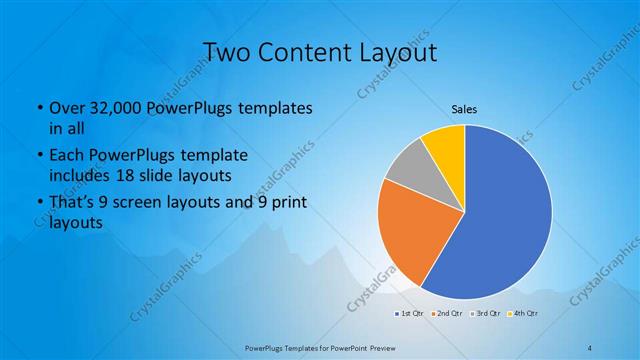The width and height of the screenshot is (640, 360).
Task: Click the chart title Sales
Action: tap(464, 108)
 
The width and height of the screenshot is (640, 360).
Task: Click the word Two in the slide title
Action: tap(228, 51)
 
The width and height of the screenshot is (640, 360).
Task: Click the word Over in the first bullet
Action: tap(66, 107)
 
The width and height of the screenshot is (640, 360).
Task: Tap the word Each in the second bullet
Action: tap(66, 158)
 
